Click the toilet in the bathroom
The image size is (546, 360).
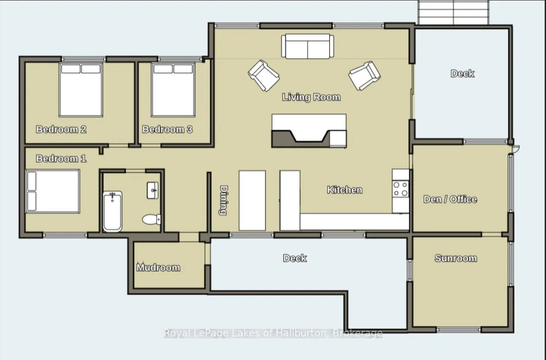pos(152,219)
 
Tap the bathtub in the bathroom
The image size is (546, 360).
pos(113,212)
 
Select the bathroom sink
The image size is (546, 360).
pos(152,190)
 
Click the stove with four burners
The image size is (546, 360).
pos(401,189)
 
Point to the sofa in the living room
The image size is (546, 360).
pos(307,46)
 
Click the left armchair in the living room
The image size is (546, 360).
pos(264,76)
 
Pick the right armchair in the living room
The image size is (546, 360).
pos(365,76)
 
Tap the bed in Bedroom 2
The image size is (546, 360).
pos(81,90)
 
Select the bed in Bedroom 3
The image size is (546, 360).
pos(173,90)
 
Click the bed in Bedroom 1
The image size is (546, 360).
pos(53,191)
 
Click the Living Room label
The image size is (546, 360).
pos(311,97)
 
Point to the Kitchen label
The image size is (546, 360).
pos(345,190)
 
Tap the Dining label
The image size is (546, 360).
pos(223,200)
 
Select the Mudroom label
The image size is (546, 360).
pos(158,267)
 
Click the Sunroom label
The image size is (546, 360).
pos(456,258)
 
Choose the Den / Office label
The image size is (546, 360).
pos(450,199)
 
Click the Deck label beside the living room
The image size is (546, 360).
pos(462,73)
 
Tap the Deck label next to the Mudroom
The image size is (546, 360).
pos(295,258)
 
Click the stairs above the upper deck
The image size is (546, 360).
pos(453,12)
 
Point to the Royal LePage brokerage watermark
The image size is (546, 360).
pos(273,333)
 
